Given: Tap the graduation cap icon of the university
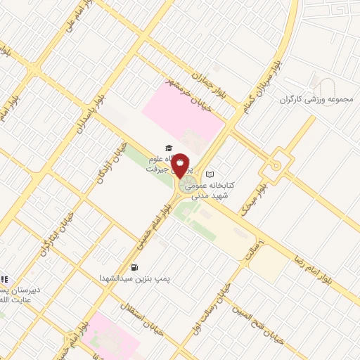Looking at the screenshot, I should pos(168,148).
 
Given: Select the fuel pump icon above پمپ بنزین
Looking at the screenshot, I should pos(134,267).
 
